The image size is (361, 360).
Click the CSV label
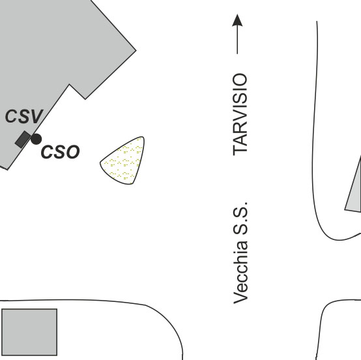click(x=24, y=116)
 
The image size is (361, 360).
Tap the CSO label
click(x=61, y=152)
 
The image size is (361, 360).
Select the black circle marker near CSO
click(x=36, y=139)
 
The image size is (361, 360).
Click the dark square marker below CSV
click(x=23, y=140)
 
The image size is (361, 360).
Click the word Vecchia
click(x=240, y=272)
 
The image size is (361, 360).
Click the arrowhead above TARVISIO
click(x=237, y=20)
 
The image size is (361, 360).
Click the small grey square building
click(x=29, y=332)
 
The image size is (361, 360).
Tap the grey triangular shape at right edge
click(x=354, y=189)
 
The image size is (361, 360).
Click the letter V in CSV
click(x=37, y=116)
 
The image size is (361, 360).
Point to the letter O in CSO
click(x=73, y=152)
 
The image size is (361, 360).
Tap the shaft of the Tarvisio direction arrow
click(x=237, y=40)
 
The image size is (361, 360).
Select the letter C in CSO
click(x=48, y=152)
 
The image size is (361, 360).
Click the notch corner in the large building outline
click(x=69, y=85)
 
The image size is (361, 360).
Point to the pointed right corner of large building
click(x=136, y=50)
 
